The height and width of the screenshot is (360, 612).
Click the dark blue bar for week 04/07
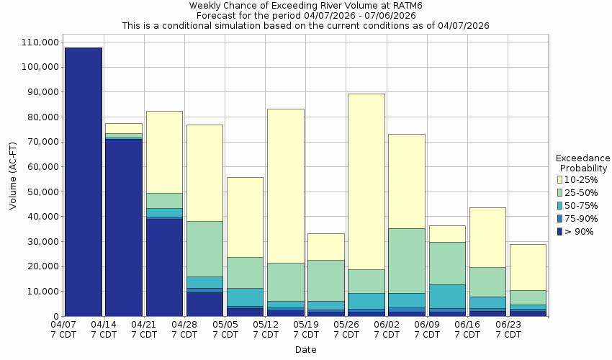pos(83,181)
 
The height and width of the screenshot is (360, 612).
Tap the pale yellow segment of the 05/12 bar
pos(285,186)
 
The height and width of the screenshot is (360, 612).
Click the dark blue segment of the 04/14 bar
pos(123,227)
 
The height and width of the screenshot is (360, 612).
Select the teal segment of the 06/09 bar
pos(446,296)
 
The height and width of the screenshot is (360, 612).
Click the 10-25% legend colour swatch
pos(559,179)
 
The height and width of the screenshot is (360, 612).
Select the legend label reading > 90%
pos(580,231)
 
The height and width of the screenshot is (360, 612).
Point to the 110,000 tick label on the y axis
pos(36,42)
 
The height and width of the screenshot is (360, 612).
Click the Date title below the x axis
pos(305,350)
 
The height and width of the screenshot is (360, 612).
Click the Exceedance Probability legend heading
pos(582,163)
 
